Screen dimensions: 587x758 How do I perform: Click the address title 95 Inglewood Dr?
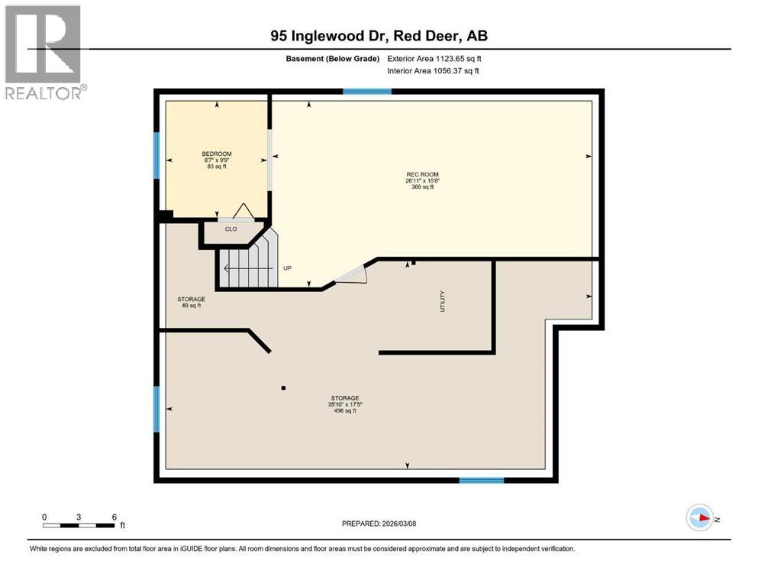[x=379, y=35]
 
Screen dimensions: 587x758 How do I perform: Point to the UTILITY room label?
[x=441, y=301]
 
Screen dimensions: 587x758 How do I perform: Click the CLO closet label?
[x=231, y=229]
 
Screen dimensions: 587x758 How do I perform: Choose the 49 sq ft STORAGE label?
[x=191, y=302]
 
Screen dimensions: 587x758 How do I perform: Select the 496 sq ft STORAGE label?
[x=345, y=404]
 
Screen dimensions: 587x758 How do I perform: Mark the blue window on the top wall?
[x=367, y=92]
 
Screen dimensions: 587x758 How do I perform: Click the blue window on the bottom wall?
[x=481, y=480]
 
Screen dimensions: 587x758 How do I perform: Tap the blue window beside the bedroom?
[x=157, y=155]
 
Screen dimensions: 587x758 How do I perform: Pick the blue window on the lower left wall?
[x=157, y=408]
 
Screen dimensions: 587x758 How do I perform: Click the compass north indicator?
[x=700, y=517]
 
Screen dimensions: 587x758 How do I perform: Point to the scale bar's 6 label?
[x=114, y=517]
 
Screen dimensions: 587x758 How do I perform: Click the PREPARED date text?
[x=379, y=524]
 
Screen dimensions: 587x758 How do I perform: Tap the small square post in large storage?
[x=283, y=388]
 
